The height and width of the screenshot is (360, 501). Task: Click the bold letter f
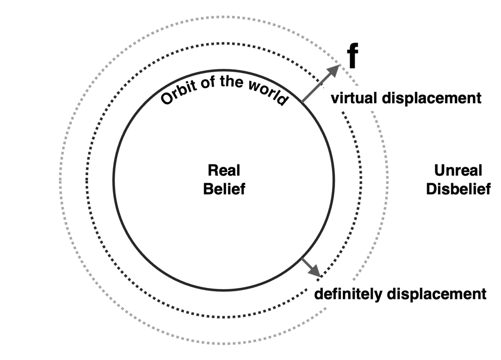click(353, 57)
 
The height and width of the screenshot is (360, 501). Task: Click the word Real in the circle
click(224, 170)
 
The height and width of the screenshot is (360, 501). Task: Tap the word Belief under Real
click(224, 189)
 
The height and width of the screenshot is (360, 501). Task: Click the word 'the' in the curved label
click(232, 82)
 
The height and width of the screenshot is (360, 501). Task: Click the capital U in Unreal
click(439, 170)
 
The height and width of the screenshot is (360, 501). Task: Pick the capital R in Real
click(212, 170)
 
